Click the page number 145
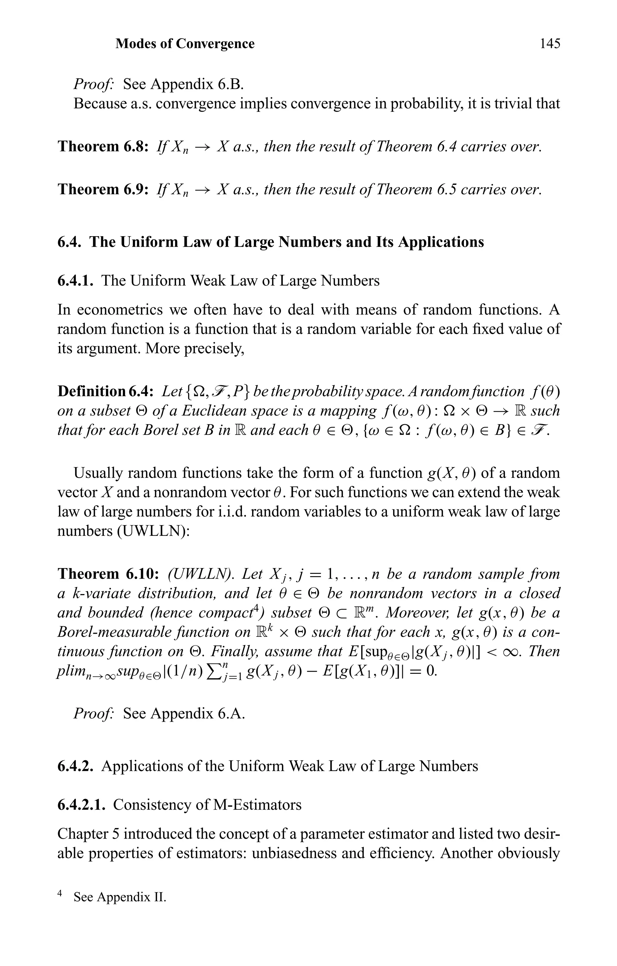tap(550, 43)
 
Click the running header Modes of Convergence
tap(185, 43)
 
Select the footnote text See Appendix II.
tap(120, 897)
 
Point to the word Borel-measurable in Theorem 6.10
tap(112, 632)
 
